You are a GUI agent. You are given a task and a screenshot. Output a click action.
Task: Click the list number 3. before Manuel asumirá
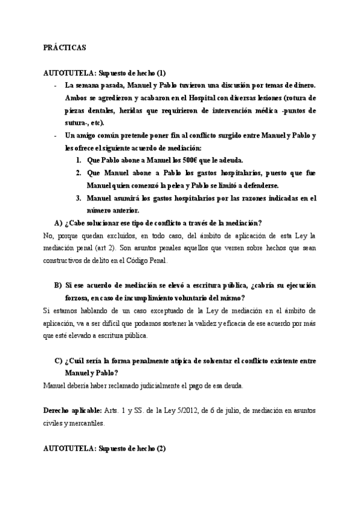coord(79,198)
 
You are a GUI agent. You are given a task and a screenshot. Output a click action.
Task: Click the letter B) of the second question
coord(58,285)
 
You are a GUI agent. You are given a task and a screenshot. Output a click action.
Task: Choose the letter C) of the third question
coord(58,360)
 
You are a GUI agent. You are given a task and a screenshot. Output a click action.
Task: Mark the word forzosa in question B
coord(80,298)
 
